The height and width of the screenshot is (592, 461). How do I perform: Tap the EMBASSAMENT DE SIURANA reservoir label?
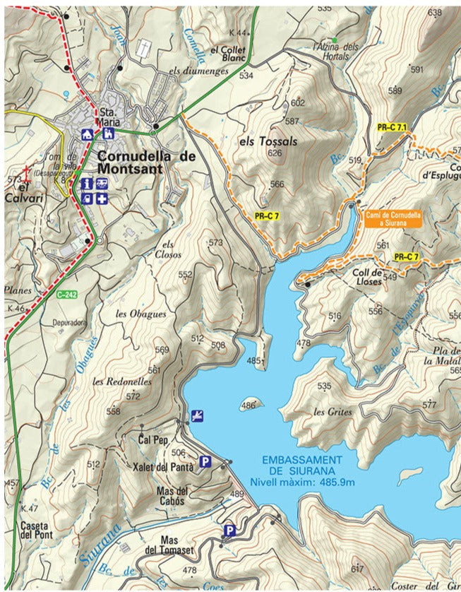pyautogui.click(x=301, y=464)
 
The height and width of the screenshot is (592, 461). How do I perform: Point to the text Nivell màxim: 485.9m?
pyautogui.click(x=301, y=482)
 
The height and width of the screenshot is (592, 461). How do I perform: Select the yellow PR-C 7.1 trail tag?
pyautogui.click(x=393, y=127)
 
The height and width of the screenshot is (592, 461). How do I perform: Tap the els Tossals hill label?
pyautogui.click(x=268, y=141)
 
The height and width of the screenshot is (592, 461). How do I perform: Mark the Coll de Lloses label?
pyautogui.click(x=366, y=276)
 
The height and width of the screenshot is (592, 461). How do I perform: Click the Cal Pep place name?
pyautogui.click(x=153, y=440)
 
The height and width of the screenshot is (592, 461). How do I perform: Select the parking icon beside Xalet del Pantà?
pyautogui.click(x=205, y=462)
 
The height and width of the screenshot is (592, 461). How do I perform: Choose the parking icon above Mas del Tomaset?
pyautogui.click(x=229, y=530)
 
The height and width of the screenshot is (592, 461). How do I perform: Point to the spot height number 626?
pyautogui.click(x=275, y=153)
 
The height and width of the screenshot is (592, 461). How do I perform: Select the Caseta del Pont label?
pyautogui.click(x=36, y=530)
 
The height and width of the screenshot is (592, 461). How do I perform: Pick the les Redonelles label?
pyautogui.click(x=122, y=381)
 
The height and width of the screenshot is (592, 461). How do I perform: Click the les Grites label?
pyautogui.click(x=330, y=411)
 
